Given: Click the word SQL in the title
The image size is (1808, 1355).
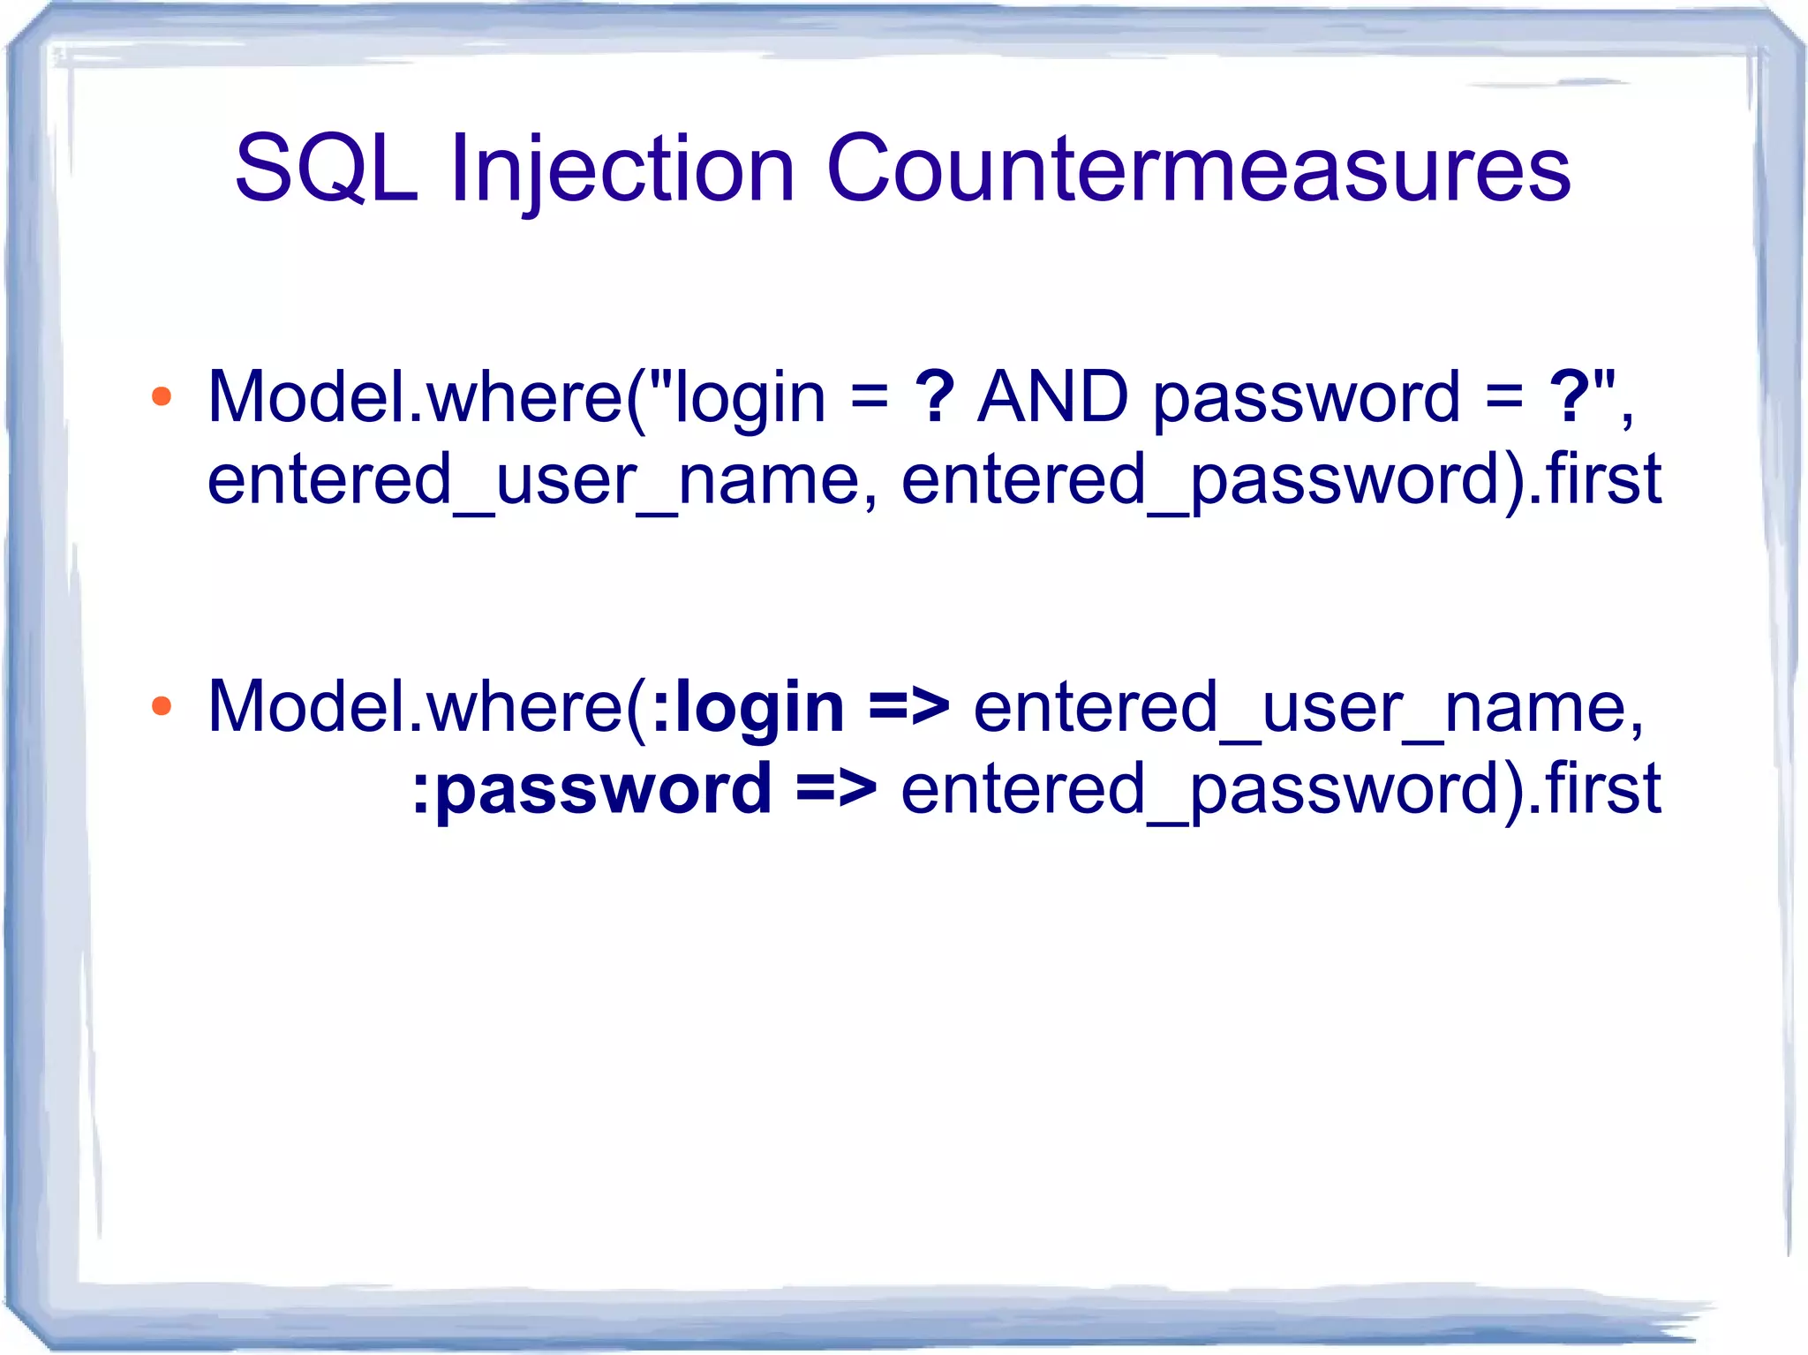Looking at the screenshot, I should [x=326, y=168].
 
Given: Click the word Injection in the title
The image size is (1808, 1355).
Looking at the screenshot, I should [x=622, y=168].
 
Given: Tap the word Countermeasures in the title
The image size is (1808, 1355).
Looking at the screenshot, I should [x=1198, y=168].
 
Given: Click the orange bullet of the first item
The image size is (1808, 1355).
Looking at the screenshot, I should [x=162, y=397].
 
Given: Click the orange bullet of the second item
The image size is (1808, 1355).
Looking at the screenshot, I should [x=162, y=706].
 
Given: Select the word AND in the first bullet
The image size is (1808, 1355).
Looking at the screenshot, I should [x=1052, y=397].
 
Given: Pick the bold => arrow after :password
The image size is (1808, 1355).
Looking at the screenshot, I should [x=836, y=788].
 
